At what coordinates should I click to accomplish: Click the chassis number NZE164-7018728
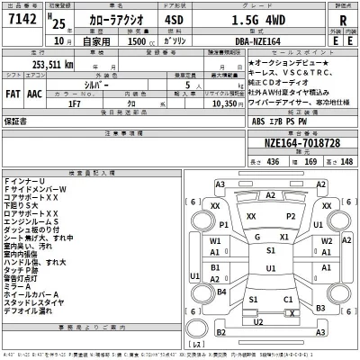coord(302,143)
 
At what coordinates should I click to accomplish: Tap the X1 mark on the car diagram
coord(285,238)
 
